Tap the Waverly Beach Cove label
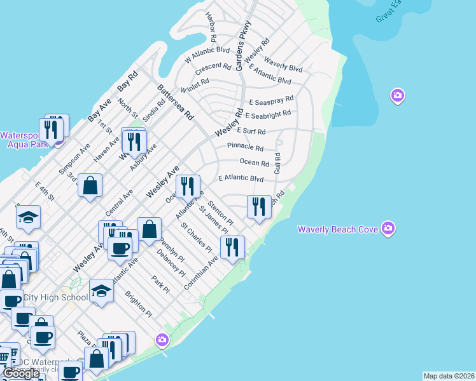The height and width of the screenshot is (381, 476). pyautogui.click(x=339, y=229)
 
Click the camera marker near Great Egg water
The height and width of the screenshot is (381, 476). pyautogui.click(x=398, y=96)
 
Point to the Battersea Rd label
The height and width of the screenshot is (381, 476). pyautogui.click(x=175, y=102)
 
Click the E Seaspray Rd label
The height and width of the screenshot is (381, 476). pyautogui.click(x=271, y=100)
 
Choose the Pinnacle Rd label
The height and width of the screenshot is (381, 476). pyautogui.click(x=245, y=147)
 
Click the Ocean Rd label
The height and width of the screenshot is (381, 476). pyautogui.click(x=254, y=163)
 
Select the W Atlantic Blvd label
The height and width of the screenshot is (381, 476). pyautogui.click(x=207, y=54)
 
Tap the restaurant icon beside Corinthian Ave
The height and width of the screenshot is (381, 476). pyautogui.click(x=232, y=247)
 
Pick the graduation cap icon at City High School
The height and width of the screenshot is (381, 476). pyautogui.click(x=101, y=290)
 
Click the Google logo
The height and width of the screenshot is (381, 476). pyautogui.click(x=21, y=373)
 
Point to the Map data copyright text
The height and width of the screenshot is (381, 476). pyautogui.click(x=449, y=376)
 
